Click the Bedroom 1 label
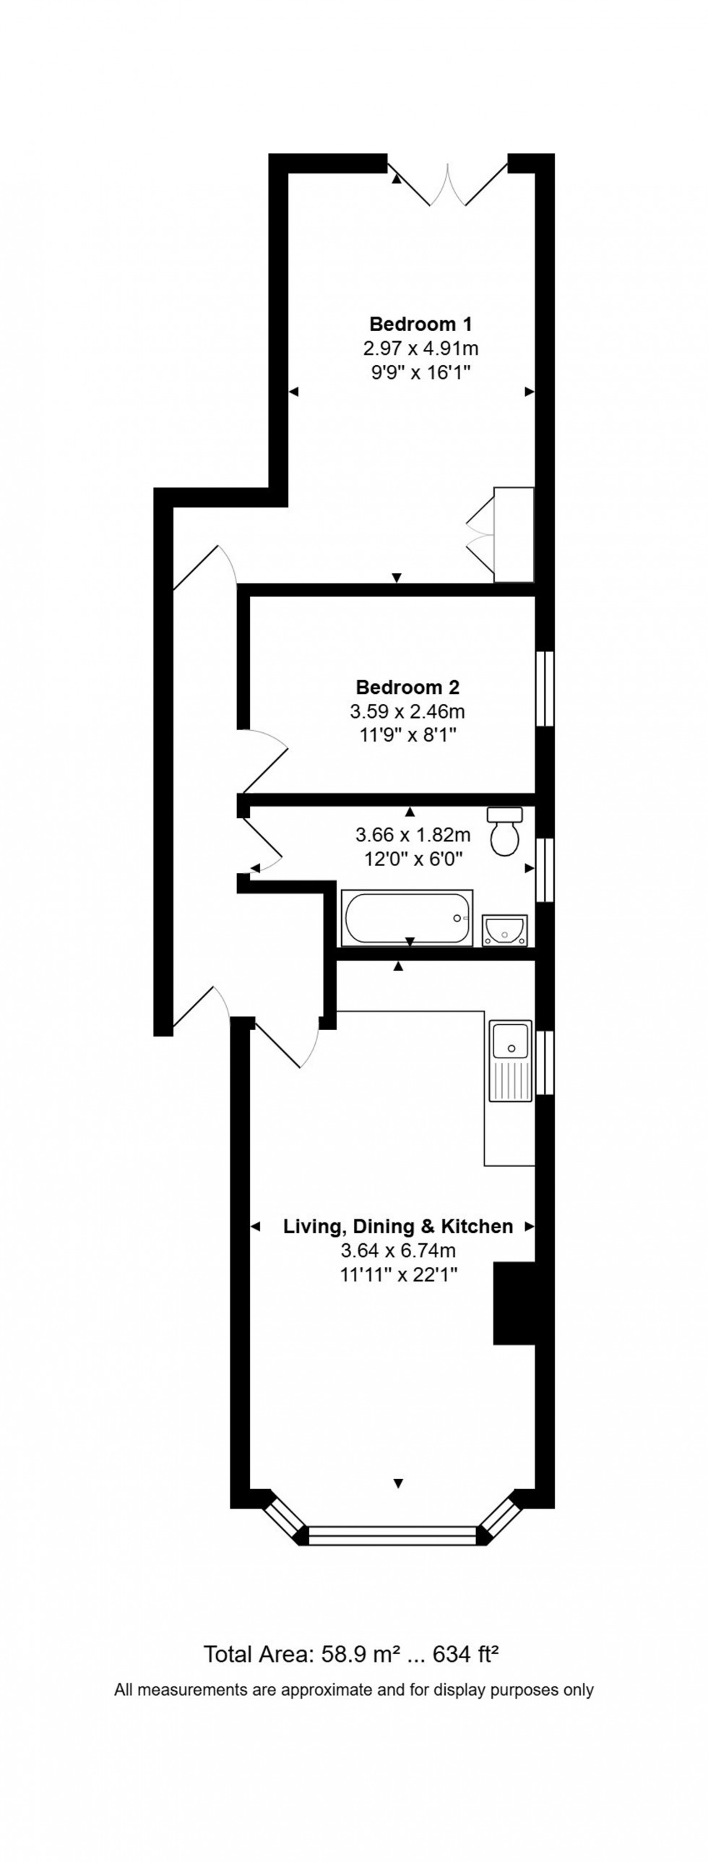pyautogui.click(x=420, y=323)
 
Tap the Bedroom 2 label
pyautogui.click(x=407, y=687)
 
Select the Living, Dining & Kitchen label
pyautogui.click(x=398, y=1226)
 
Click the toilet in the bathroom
pyautogui.click(x=505, y=832)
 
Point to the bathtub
pyautogui.click(x=407, y=917)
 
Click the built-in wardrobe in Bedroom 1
pyautogui.click(x=514, y=534)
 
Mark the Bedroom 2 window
pyautogui.click(x=545, y=688)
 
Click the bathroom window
pyautogui.click(x=545, y=870)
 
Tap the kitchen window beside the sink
pyautogui.click(x=545, y=1062)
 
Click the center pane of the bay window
pyautogui.click(x=393, y=1534)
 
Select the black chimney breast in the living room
pyautogui.click(x=514, y=1303)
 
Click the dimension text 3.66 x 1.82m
pyautogui.click(x=413, y=836)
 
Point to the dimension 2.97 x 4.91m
pyautogui.click(x=420, y=349)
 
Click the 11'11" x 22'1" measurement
pyautogui.click(x=399, y=1274)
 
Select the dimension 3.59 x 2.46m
pyautogui.click(x=407, y=711)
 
